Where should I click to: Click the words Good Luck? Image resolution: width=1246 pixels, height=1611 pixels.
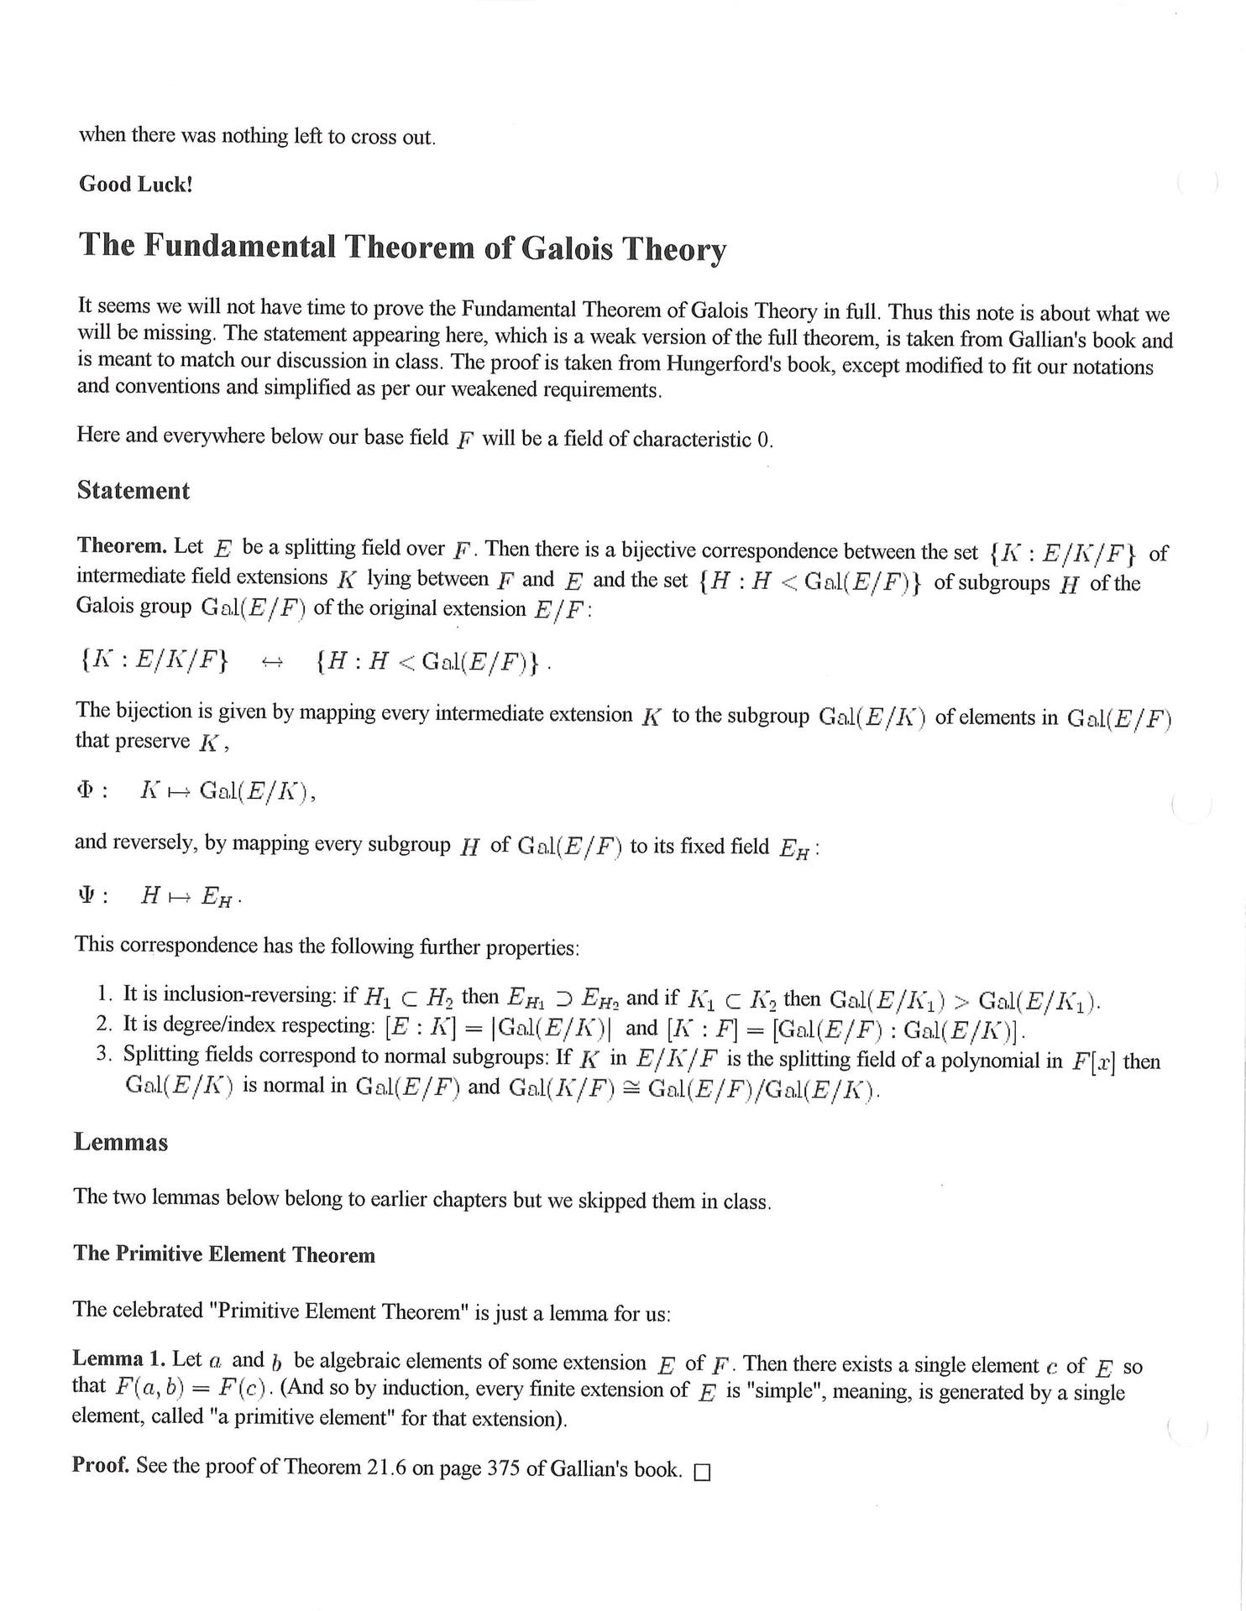(x=136, y=185)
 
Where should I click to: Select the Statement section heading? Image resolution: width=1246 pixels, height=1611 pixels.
(x=133, y=491)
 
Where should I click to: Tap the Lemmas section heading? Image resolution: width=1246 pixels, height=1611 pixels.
(x=121, y=1142)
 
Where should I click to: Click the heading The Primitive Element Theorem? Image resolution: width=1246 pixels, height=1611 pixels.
(x=224, y=1254)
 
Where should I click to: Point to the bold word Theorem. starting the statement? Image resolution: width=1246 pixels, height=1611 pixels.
(x=122, y=545)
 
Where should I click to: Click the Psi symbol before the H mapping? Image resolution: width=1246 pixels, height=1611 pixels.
(x=84, y=895)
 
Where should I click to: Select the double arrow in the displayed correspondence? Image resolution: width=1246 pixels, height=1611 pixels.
(x=272, y=662)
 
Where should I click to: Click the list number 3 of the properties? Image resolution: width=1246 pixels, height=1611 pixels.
(x=103, y=1054)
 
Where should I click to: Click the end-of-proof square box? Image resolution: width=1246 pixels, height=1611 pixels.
(x=702, y=1473)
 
